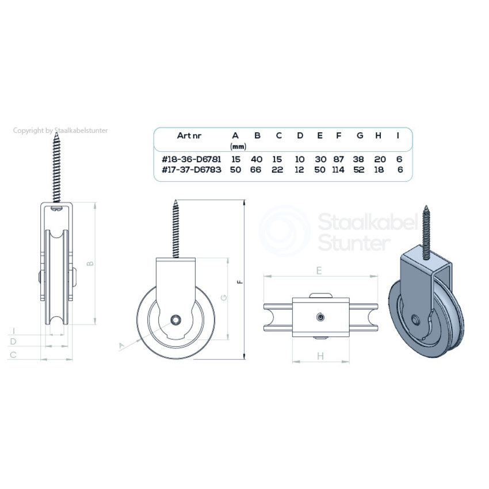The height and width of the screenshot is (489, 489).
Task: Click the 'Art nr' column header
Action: click(x=189, y=136)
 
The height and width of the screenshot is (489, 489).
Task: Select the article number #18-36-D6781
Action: click(x=191, y=159)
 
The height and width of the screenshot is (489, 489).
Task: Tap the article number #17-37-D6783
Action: click(x=191, y=170)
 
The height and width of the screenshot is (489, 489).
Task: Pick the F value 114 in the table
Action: click(x=338, y=170)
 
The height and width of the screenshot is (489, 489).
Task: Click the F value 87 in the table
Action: click(x=338, y=159)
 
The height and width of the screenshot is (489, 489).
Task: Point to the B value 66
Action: click(x=256, y=170)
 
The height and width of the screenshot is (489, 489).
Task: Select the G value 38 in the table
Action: click(x=358, y=159)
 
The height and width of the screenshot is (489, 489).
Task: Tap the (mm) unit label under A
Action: click(x=238, y=146)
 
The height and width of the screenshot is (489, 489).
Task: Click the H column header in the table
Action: click(x=379, y=136)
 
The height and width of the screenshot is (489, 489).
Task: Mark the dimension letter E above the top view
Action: click(x=319, y=270)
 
